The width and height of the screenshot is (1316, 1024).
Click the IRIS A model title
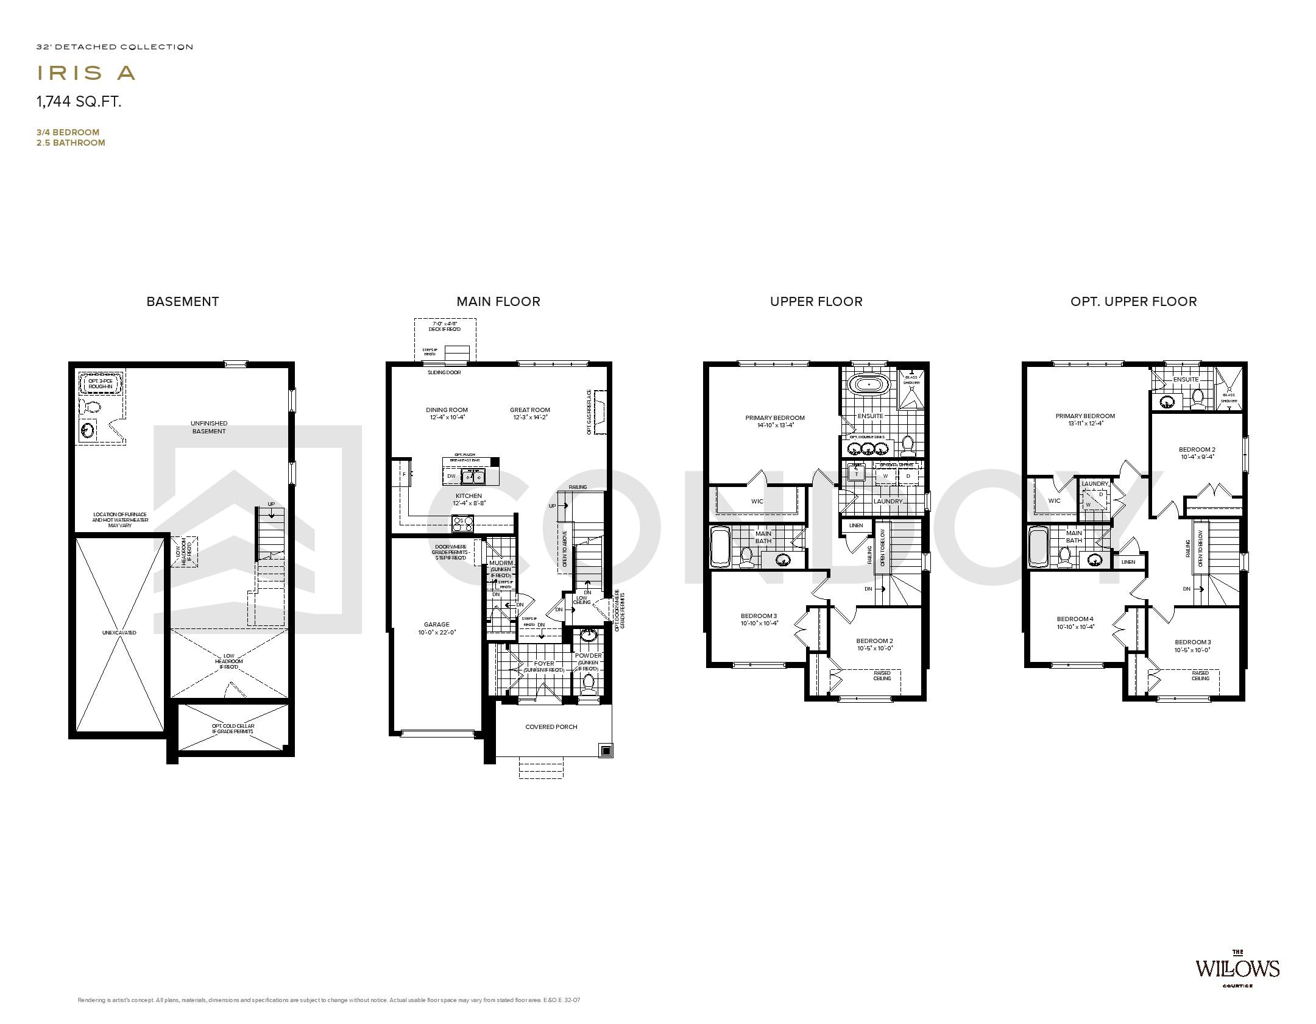coord(86,73)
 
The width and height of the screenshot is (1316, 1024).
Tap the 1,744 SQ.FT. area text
coord(79,102)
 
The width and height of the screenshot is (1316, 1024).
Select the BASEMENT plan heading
coord(182,301)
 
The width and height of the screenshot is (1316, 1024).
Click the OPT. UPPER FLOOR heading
coord(1133,301)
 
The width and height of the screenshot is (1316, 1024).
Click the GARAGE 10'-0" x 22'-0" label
coord(436,628)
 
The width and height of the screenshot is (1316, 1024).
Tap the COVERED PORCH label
coord(551,727)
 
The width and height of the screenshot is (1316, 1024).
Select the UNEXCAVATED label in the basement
coord(119,633)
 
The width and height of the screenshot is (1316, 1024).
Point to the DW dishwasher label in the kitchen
coord(451,476)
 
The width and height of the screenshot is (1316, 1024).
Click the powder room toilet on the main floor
coord(589,683)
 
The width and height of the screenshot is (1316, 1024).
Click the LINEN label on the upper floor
coord(856,525)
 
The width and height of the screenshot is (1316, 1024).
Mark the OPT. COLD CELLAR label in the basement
coord(233,728)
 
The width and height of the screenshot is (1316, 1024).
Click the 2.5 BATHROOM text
coord(71,143)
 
